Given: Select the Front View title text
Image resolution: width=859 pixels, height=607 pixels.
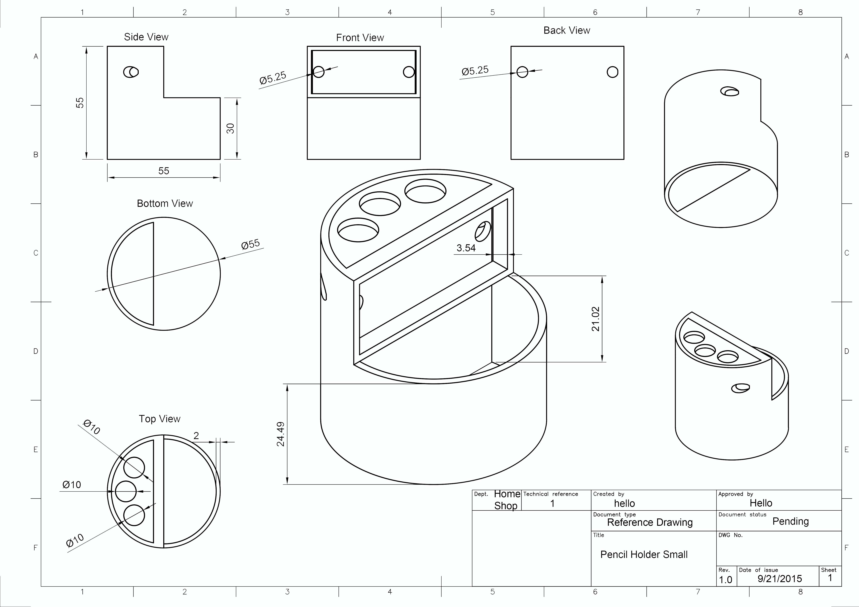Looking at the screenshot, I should coord(360,38).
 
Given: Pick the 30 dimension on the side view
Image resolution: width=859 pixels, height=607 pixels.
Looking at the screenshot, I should coord(231,128).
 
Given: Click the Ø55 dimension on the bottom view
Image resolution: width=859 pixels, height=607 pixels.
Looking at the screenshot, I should coord(250,244).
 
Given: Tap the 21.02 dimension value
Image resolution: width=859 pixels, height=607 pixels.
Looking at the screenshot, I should coord(596,319).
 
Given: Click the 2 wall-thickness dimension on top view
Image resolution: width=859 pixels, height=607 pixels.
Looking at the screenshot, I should coord(196,435).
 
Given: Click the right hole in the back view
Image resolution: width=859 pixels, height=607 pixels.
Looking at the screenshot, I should coord(612,72).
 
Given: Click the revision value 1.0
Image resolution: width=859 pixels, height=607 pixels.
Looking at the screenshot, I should coord(725,580).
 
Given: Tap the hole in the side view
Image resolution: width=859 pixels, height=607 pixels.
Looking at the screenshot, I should coord(131,72).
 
